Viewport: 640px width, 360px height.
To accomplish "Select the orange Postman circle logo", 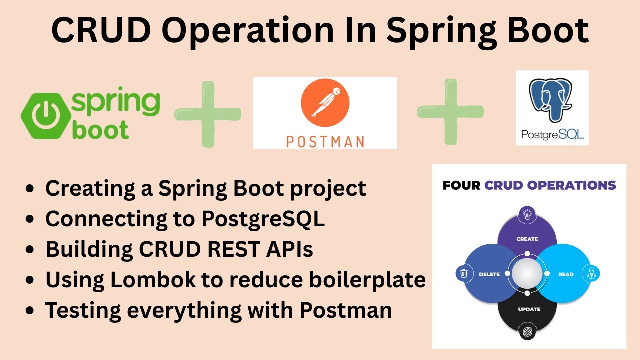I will tap(325, 104).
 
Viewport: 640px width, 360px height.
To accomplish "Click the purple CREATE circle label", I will tap(527, 239).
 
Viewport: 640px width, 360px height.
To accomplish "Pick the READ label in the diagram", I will tap(565, 274).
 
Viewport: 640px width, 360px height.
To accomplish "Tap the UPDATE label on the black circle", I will tap(529, 309).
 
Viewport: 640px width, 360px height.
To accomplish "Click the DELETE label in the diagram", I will tap(489, 274).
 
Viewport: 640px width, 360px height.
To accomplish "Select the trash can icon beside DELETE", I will tap(464, 273).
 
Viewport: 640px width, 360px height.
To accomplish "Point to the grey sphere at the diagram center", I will tap(527, 274).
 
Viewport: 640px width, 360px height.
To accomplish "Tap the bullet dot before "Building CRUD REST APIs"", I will tap(31, 250).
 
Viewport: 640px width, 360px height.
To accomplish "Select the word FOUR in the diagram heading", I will tap(461, 186).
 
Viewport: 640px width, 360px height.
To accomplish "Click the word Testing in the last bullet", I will tap(82, 310).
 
